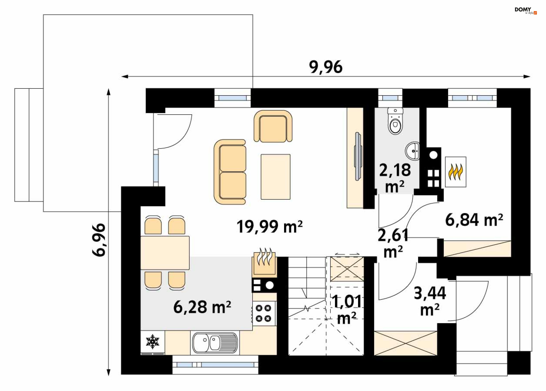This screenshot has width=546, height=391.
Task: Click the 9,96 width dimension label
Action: click(326, 67)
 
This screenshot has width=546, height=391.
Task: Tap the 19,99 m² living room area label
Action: click(270, 227)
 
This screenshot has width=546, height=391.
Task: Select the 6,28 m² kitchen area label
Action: click(202, 307)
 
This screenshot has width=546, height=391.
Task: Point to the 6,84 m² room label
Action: click(474, 220)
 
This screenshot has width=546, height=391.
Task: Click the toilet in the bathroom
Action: click(395, 121)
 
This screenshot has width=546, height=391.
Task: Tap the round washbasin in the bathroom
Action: click(413, 151)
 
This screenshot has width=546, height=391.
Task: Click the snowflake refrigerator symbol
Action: click(153, 342)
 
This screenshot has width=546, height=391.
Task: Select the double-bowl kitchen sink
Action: click(215, 343)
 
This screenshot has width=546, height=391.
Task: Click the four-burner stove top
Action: click(264, 313)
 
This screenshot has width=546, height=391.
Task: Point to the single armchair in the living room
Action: click(273, 126)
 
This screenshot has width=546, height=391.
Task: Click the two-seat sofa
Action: click(230, 172)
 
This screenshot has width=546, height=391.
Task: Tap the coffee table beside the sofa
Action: click(276, 177)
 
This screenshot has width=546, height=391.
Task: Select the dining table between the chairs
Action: click(165, 253)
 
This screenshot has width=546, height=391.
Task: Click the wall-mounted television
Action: click(358, 156)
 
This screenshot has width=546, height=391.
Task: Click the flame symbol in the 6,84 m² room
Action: click(456, 172)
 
